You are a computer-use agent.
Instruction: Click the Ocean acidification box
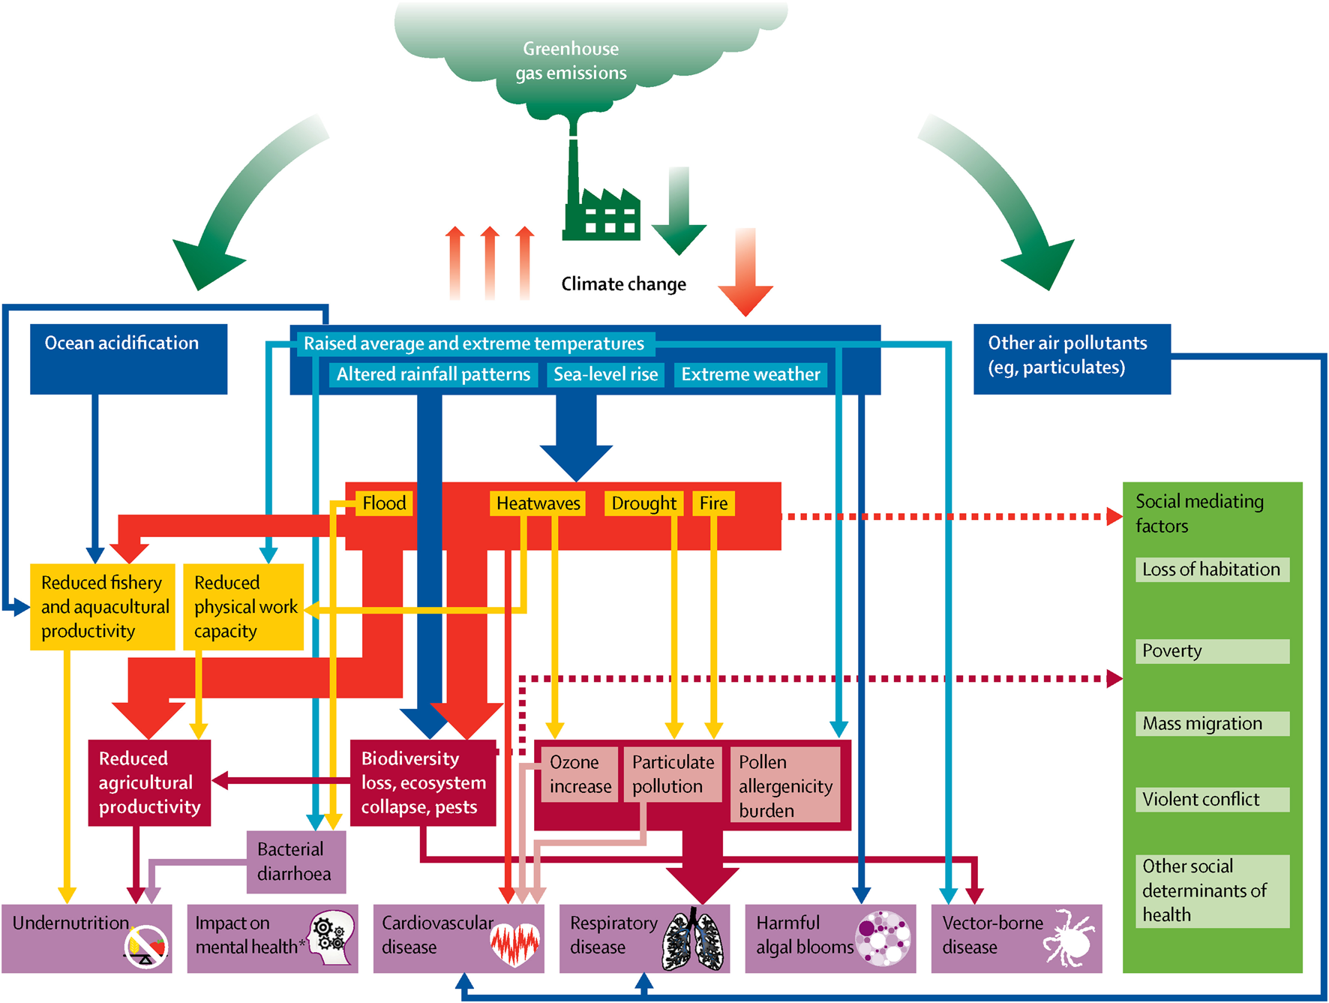tap(128, 359)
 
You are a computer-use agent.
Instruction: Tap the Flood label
tap(384, 503)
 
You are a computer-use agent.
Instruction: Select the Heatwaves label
tap(538, 503)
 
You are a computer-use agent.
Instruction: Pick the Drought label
tap(643, 503)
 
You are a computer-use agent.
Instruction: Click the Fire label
tap(713, 503)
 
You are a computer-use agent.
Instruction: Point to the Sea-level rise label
tap(605, 374)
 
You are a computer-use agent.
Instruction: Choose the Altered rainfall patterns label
tap(433, 374)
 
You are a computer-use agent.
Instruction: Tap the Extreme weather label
tap(751, 374)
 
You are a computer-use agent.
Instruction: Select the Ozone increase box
tap(580, 774)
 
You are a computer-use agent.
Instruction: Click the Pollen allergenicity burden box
tap(785, 785)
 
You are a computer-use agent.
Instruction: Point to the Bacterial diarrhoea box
tap(296, 862)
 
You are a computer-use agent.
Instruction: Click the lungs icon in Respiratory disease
tap(693, 940)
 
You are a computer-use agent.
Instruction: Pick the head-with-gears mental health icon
tap(332, 938)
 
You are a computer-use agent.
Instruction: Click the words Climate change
tap(623, 284)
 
